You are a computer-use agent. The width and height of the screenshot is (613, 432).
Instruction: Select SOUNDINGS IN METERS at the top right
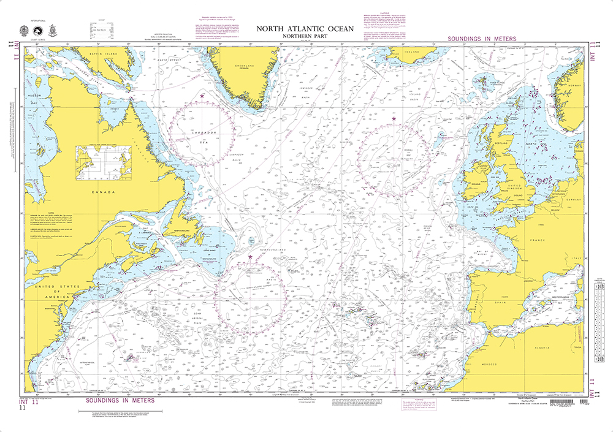click(482, 39)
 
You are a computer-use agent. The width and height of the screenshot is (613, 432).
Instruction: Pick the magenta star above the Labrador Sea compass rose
click(203, 96)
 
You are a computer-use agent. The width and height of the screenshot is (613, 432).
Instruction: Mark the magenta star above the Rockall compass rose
click(394, 118)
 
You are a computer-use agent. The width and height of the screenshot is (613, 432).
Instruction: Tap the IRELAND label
click(474, 183)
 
